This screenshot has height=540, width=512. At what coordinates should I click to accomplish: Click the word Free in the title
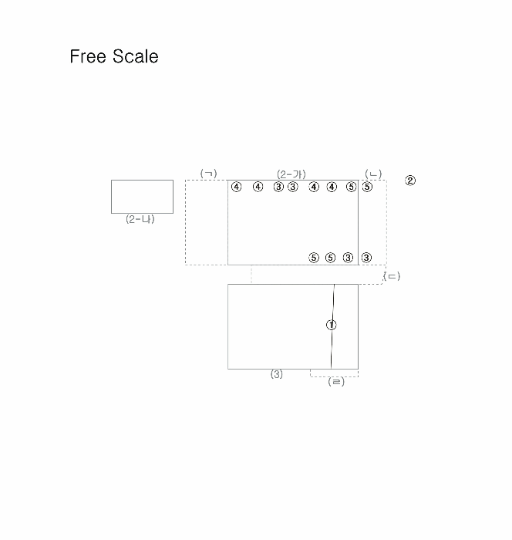coord(88,56)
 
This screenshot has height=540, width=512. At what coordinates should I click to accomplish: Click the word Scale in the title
coord(135,56)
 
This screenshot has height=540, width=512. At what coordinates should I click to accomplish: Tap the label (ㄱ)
coord(209,174)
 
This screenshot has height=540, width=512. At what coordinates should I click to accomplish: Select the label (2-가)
coord(291,174)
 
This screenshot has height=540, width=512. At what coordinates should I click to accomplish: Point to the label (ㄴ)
coord(373,174)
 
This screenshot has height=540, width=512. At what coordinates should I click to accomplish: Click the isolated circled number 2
coord(410,181)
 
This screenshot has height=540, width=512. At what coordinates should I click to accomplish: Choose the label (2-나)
coord(140,219)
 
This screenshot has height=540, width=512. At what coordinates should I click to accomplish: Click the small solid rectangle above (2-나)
coord(142,197)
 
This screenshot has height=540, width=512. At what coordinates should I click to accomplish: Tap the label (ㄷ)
coord(392,276)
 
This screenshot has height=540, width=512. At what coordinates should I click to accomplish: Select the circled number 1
coord(332,325)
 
